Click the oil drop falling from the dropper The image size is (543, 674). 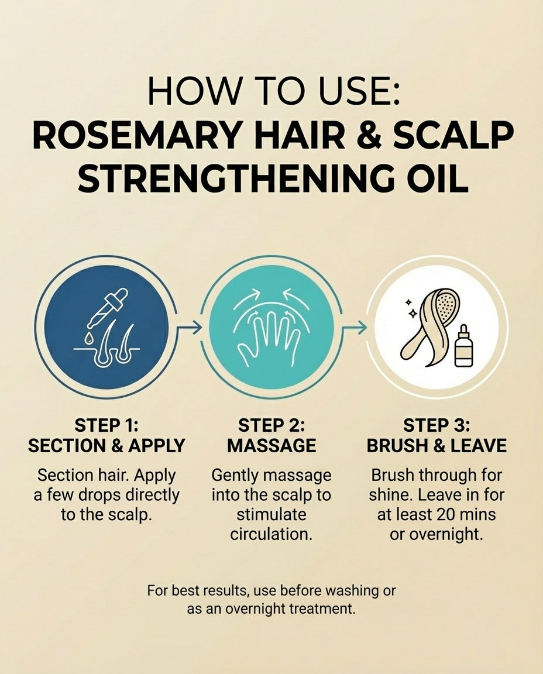[x=88, y=338]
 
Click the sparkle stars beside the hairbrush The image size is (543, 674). [x=411, y=308]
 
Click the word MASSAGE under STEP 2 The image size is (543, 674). [x=271, y=446]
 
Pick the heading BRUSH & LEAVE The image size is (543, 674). [x=437, y=446]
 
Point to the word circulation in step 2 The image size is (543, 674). [x=271, y=535]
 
